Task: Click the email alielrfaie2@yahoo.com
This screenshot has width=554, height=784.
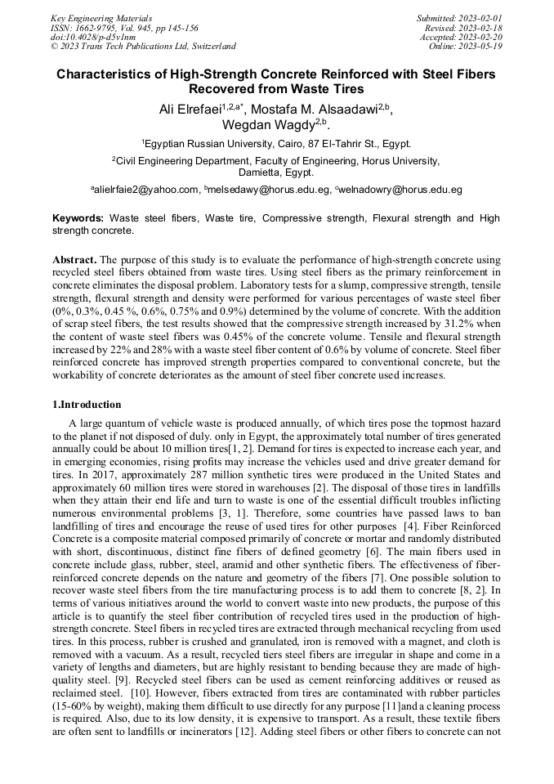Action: pyautogui.click(x=146, y=190)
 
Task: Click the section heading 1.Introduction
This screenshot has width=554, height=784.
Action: pyautogui.click(x=87, y=405)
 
